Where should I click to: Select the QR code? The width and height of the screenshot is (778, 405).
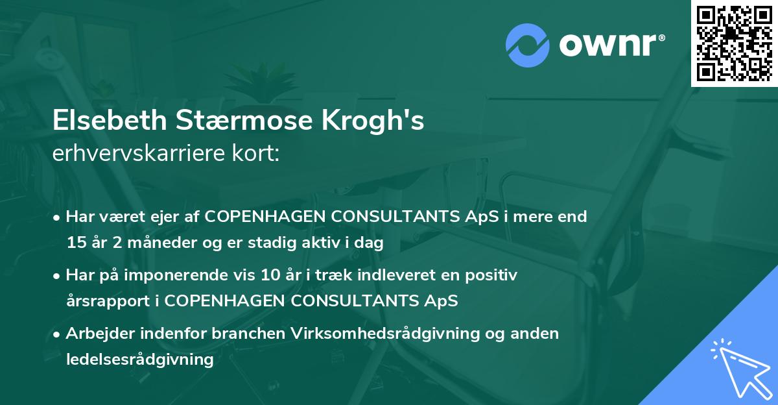[x=735, y=43]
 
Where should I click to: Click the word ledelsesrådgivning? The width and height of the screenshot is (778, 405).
[x=139, y=359]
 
